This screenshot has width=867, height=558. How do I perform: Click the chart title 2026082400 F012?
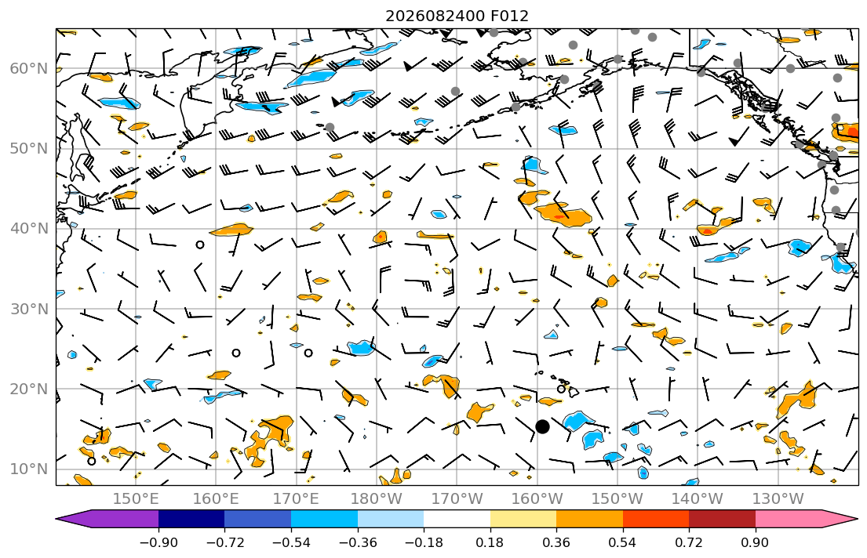(457, 16)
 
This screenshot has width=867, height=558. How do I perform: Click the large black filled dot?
(542, 426)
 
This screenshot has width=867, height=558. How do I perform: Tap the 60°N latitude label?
(29, 68)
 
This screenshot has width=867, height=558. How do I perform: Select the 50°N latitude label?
(29, 149)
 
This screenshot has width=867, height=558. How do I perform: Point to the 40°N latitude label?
(29, 229)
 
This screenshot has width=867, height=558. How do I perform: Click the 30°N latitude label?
(29, 309)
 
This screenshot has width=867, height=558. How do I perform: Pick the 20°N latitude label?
(29, 389)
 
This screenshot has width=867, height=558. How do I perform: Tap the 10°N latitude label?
(29, 469)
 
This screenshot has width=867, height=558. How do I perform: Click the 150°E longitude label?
(136, 499)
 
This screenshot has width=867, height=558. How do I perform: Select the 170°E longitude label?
(297, 499)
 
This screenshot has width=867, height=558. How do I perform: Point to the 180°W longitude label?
(377, 499)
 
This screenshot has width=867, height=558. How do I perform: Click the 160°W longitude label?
(537, 499)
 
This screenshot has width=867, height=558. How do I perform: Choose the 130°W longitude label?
(778, 499)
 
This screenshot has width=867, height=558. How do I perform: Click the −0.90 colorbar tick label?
(158, 542)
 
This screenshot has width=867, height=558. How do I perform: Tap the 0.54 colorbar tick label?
(623, 542)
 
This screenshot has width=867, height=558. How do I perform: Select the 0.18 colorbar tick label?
(490, 542)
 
